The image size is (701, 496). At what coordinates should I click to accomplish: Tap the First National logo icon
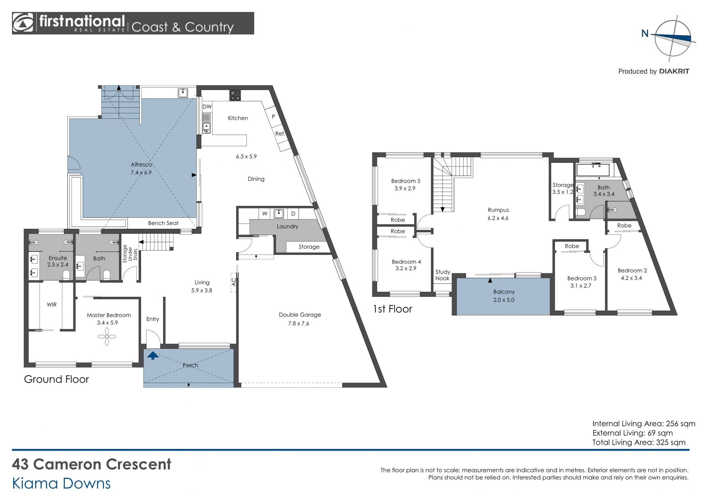[23, 23]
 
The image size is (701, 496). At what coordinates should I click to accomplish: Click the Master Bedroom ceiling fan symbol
[107, 336]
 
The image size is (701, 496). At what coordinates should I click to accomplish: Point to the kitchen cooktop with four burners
[235, 95]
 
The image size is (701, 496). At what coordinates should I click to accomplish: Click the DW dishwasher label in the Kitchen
[207, 107]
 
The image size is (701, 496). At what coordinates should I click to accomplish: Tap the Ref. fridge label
[280, 134]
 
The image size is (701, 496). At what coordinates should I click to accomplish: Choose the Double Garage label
[300, 315]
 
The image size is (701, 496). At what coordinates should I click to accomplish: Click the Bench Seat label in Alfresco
[163, 223]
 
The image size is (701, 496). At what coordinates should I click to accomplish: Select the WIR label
[51, 304]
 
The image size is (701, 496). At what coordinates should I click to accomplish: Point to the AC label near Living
[234, 282]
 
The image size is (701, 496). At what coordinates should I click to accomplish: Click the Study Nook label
[443, 275]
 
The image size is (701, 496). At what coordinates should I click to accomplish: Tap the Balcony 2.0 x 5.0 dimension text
[504, 300]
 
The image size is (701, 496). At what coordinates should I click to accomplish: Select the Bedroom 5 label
[406, 181]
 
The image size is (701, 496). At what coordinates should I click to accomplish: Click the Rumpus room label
[498, 210]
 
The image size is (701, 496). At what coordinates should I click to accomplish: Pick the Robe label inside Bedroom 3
[572, 246]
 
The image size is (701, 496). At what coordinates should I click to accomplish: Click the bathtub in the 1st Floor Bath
[593, 170]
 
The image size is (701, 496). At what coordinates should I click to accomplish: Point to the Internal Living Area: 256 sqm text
[644, 424]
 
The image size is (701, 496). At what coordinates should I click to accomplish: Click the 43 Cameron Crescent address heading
[92, 464]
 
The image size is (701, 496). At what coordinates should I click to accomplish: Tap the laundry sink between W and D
[279, 213]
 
